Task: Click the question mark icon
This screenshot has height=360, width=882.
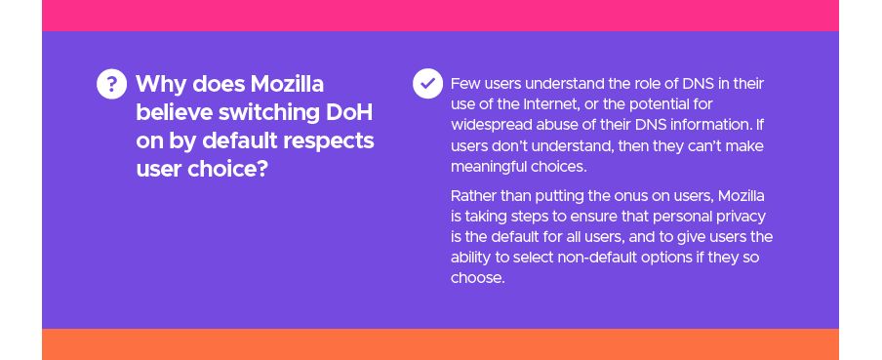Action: coord(111,84)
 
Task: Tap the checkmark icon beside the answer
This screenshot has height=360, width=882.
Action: coord(427,84)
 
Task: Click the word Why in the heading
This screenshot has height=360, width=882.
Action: coord(161,85)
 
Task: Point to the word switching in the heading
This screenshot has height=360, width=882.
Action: coord(269,113)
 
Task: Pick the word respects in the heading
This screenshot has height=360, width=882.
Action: coord(328,141)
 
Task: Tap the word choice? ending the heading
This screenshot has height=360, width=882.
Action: coord(226,169)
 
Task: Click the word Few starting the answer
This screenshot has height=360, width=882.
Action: coord(465,84)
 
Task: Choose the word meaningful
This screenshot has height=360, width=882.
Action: coord(488,167)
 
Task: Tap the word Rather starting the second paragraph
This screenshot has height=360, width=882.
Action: coord(471,196)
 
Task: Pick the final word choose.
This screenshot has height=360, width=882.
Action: coord(476,278)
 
